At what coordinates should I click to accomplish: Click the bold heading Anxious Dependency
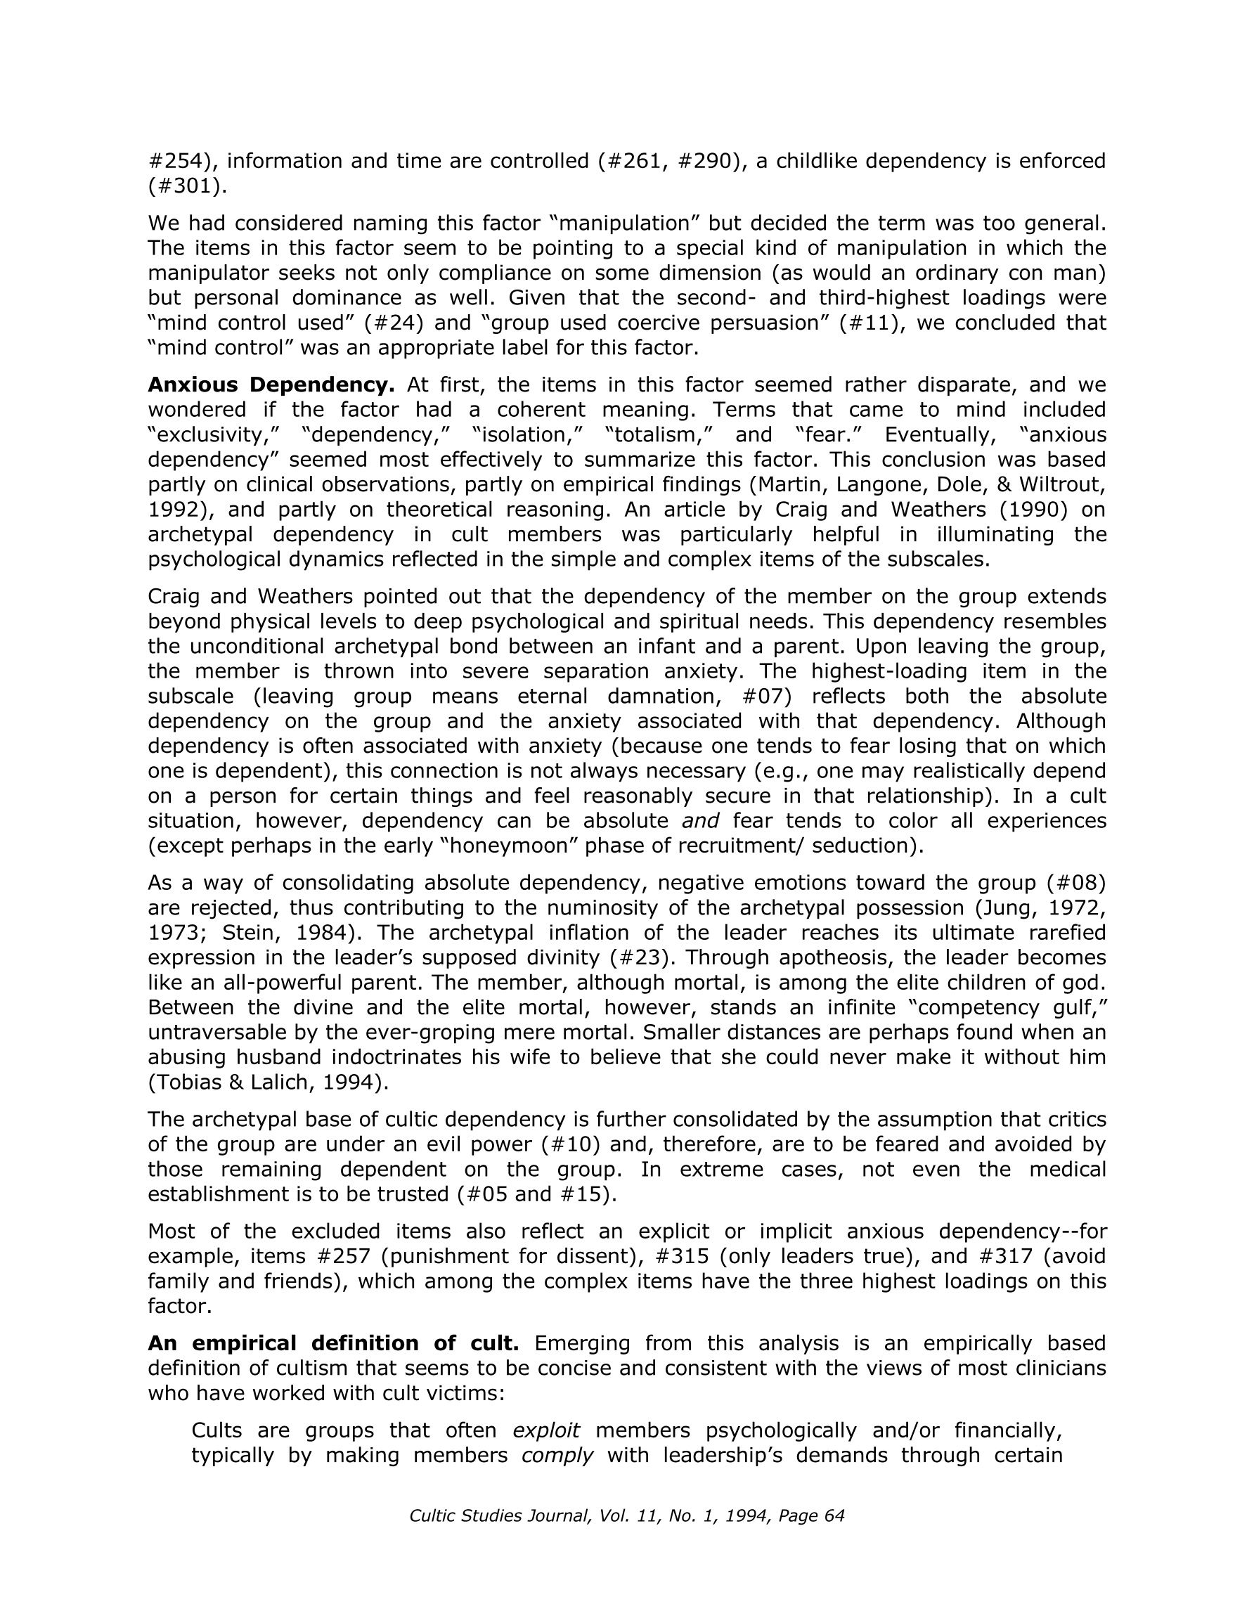271,385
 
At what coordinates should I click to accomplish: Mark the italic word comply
557,1454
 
